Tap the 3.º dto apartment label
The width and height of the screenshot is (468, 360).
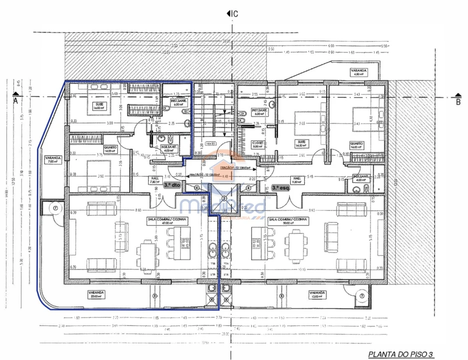point(172,184)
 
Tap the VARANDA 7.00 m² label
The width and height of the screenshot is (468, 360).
point(52,159)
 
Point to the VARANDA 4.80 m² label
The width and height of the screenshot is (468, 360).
point(359,72)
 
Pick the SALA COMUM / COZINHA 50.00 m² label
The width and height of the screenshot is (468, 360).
point(288,221)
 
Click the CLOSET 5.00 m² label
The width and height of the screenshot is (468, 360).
point(258,145)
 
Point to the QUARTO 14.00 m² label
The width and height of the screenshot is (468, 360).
point(110,149)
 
